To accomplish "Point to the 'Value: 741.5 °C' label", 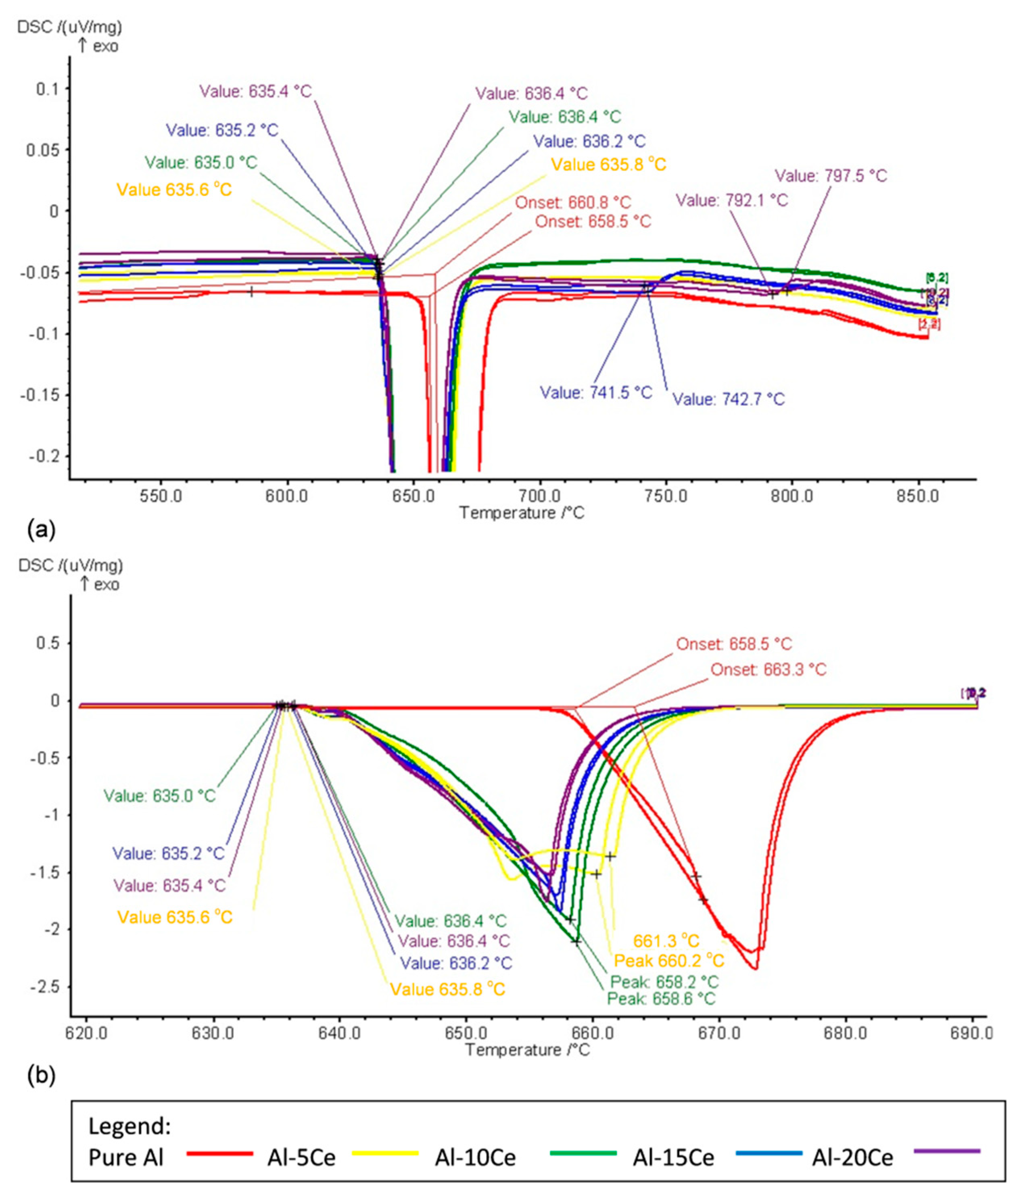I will [x=596, y=393].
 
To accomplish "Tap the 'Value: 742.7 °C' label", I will [x=728, y=399].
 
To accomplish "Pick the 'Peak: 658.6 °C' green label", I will [x=661, y=999].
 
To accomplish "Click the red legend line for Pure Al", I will [x=219, y=1154].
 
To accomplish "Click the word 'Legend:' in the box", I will [x=129, y=1126].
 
